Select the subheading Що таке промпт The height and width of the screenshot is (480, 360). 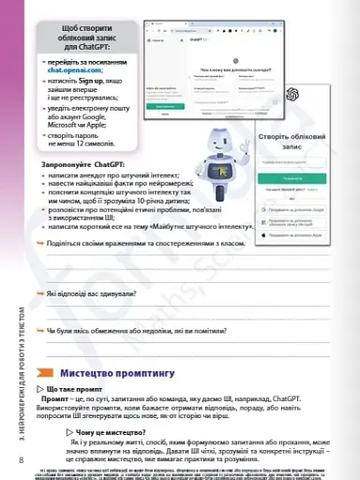pyautogui.click(x=75, y=388)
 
